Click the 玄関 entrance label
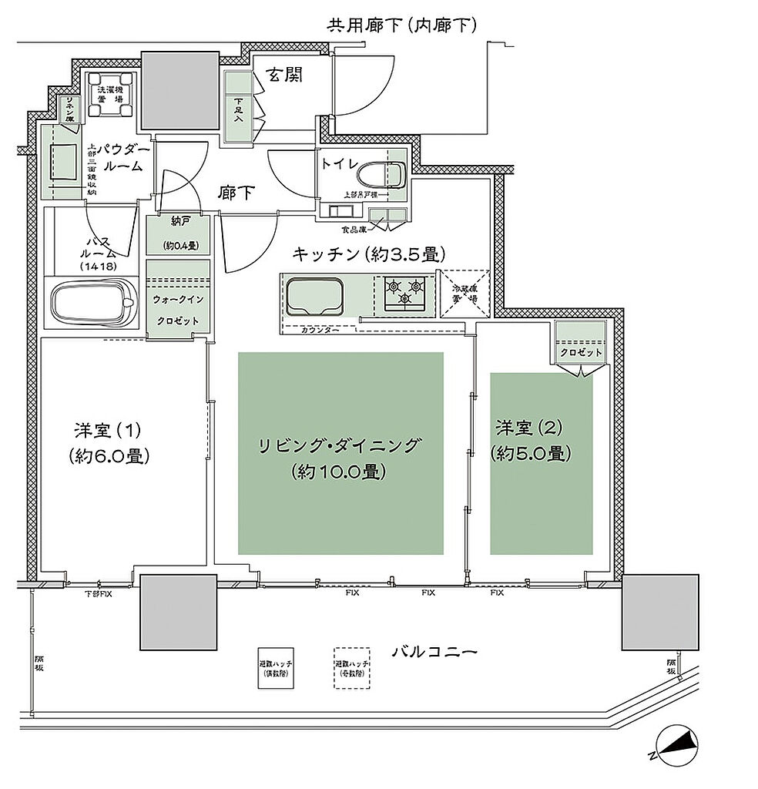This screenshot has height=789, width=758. (x=285, y=75)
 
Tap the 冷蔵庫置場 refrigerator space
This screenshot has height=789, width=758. (x=465, y=293)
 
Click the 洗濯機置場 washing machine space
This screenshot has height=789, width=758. (x=111, y=96)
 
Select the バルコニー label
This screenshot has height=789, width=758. (x=434, y=652)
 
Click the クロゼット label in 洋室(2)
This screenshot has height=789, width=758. (x=582, y=351)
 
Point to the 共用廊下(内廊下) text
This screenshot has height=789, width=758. (x=402, y=25)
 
